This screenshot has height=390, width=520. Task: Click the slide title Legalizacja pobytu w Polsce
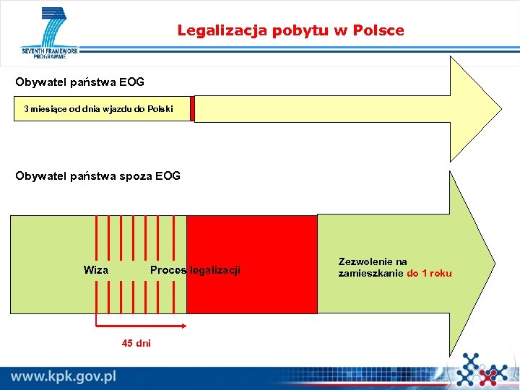pos(290,31)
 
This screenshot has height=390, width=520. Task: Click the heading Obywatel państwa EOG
pos(80,82)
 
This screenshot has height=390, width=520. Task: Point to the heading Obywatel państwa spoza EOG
pos(98,175)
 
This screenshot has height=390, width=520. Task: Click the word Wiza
pos(96,270)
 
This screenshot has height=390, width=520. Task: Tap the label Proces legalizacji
pos(195,270)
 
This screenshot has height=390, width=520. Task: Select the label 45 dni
pos(136,343)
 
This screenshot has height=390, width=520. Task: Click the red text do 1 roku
pos(430,274)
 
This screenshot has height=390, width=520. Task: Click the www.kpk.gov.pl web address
pos(64,376)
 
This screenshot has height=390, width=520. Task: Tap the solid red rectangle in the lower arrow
pos(251,264)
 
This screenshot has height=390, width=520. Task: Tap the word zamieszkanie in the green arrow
pos(371,274)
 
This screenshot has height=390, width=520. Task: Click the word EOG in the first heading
pos(131,82)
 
